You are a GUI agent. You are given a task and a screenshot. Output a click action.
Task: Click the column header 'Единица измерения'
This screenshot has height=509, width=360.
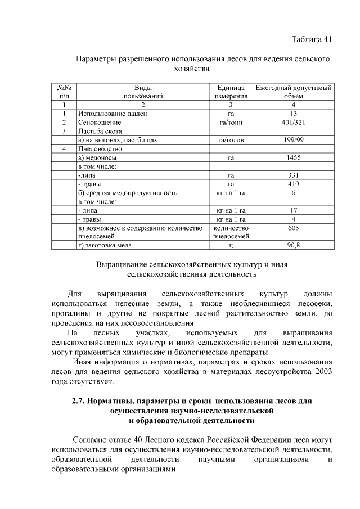(x=231, y=92)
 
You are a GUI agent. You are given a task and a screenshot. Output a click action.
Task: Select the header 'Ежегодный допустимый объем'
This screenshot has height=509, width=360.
(x=293, y=92)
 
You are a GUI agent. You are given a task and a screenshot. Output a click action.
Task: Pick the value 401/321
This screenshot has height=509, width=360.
(x=293, y=122)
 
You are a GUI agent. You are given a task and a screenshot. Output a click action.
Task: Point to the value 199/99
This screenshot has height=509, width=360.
(x=293, y=139)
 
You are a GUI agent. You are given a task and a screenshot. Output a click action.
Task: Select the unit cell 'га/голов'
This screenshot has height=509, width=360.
(x=231, y=139)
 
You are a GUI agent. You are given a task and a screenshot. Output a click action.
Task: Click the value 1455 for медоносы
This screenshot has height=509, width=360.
(x=293, y=157)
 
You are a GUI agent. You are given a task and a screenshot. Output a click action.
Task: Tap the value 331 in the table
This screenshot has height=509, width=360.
(x=293, y=175)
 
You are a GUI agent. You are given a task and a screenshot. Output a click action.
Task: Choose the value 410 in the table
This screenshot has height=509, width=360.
(x=293, y=184)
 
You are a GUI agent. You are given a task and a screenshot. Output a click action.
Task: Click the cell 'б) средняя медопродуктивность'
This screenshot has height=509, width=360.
(x=128, y=193)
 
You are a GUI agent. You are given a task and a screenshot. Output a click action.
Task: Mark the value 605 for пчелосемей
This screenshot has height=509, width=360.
(x=293, y=228)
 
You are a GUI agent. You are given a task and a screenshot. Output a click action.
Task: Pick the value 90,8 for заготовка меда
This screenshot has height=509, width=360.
(x=293, y=245)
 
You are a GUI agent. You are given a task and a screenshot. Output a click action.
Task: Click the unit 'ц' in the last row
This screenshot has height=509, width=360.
(x=231, y=245)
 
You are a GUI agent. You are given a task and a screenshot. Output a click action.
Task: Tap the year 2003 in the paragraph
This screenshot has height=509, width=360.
(x=319, y=372)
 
